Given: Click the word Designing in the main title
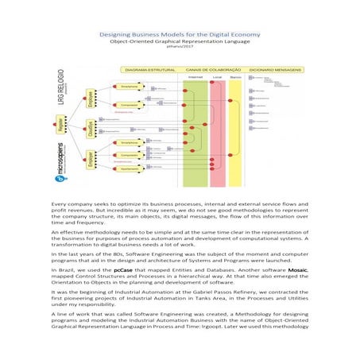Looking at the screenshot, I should (x=114, y=35).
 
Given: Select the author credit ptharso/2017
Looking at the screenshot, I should (x=180, y=50).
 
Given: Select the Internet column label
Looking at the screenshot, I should (x=194, y=77).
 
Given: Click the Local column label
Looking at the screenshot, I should (x=217, y=77).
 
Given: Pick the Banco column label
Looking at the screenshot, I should (x=235, y=77).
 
